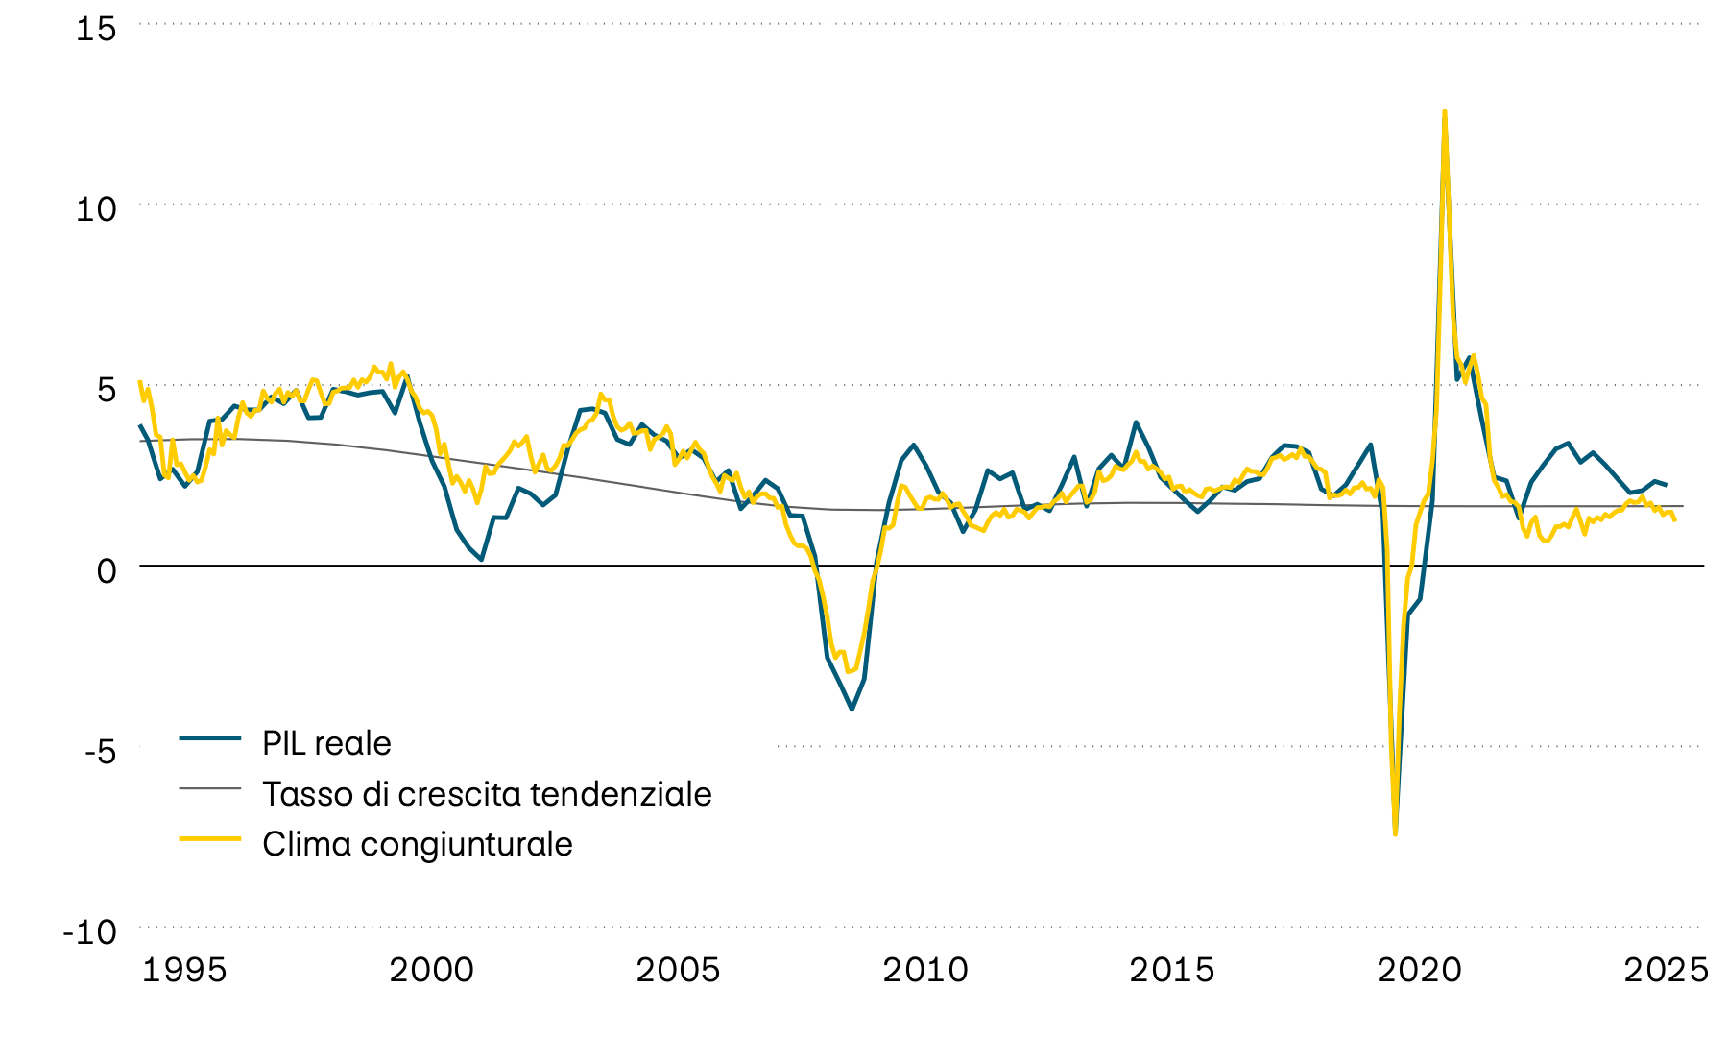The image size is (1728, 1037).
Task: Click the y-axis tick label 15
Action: click(96, 29)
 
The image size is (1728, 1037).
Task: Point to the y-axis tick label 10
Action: click(96, 208)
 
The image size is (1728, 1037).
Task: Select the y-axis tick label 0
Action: click(106, 570)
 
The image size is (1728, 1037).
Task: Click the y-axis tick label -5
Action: click(100, 751)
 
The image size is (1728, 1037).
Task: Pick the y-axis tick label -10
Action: click(90, 931)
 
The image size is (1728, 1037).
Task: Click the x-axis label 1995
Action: click(184, 970)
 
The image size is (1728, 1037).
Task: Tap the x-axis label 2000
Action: click(431, 970)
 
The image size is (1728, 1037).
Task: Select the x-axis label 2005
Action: click(678, 970)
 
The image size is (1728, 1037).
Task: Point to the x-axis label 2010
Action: click(925, 970)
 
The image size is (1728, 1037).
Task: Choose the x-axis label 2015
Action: click(1172, 970)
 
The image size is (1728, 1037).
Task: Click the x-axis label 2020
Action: click(1419, 970)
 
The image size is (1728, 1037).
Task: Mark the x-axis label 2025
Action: click(1666, 970)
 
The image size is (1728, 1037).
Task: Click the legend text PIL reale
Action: click(326, 743)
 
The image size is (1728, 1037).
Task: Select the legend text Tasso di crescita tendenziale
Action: click(487, 794)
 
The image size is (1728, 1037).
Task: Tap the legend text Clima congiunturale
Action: click(417, 844)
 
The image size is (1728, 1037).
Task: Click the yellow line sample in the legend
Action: click(209, 838)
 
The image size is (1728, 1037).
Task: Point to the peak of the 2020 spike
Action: click(1445, 111)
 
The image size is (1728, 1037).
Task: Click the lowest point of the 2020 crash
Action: click(1395, 833)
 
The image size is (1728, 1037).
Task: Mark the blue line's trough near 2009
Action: click(852, 710)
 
